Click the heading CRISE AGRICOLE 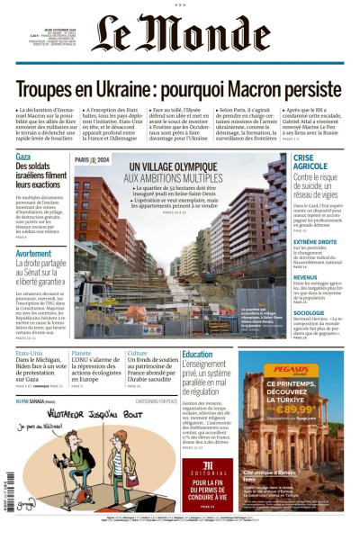[310, 161]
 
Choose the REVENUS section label [304, 277]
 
